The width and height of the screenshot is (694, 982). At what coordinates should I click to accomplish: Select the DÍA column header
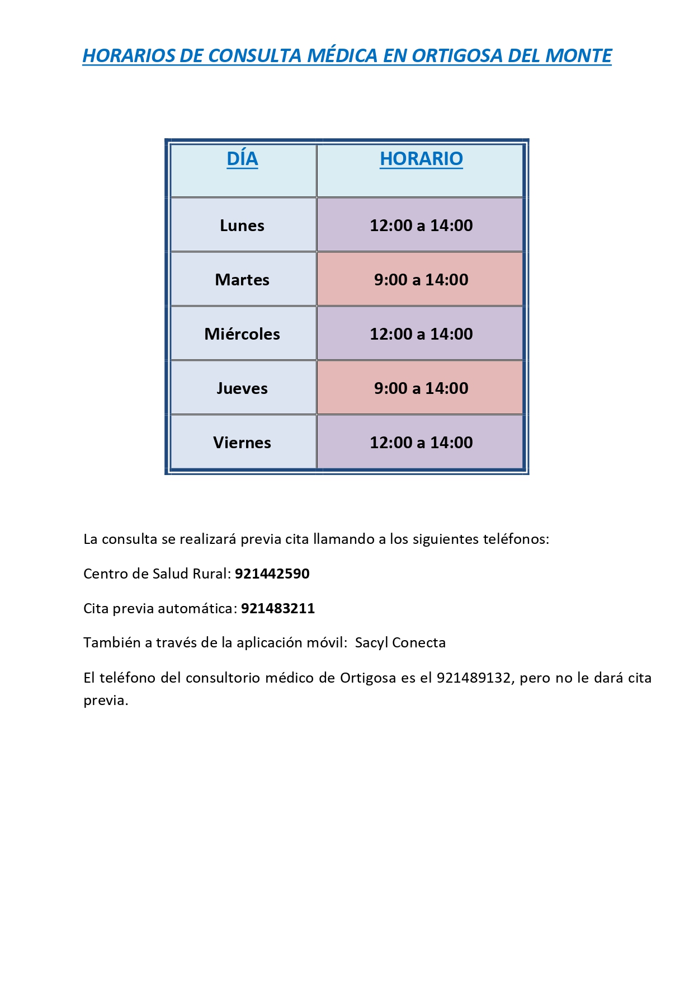point(242,159)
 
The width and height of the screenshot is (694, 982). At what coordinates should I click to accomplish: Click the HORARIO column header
point(421,159)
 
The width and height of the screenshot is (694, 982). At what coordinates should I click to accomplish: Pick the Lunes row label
point(242,225)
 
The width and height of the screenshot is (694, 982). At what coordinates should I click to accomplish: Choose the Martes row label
point(242,280)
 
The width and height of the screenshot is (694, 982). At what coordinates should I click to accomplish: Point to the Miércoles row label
point(242,334)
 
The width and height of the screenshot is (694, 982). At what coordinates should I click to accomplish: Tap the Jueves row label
point(242,388)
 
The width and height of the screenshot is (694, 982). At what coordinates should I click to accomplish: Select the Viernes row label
point(242,443)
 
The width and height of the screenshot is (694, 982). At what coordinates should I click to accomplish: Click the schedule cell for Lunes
point(421,225)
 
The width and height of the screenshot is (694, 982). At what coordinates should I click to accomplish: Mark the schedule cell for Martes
point(421,280)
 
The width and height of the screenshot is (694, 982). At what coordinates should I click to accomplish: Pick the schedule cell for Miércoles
point(421,334)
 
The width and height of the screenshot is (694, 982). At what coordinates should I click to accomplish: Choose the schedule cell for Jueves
point(421,388)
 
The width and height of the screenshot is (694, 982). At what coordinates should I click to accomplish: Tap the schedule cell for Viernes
point(421,443)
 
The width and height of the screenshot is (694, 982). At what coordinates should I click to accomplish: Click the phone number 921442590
point(272,574)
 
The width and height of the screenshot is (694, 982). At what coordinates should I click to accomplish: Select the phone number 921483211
point(278,608)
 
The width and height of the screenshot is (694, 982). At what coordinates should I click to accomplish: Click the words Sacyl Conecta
point(400,642)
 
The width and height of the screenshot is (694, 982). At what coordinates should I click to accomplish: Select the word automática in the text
point(201,608)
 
